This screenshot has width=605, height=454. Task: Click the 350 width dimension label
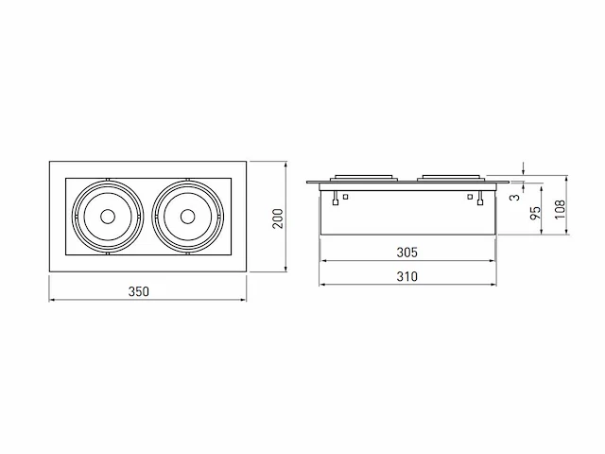tap(139, 291)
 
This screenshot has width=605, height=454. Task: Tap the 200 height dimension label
tap(278, 218)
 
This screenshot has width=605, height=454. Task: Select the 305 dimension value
tap(407, 253)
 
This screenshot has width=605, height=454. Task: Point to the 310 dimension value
tap(407, 276)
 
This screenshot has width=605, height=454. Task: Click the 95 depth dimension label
tap(535, 214)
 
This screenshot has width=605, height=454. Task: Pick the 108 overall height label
tap(560, 210)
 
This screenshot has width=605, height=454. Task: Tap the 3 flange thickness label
tap(515, 198)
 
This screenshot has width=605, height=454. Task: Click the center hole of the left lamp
tap(107, 217)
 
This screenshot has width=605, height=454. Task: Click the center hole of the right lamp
tap(187, 217)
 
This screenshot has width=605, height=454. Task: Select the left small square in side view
tap(346, 197)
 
